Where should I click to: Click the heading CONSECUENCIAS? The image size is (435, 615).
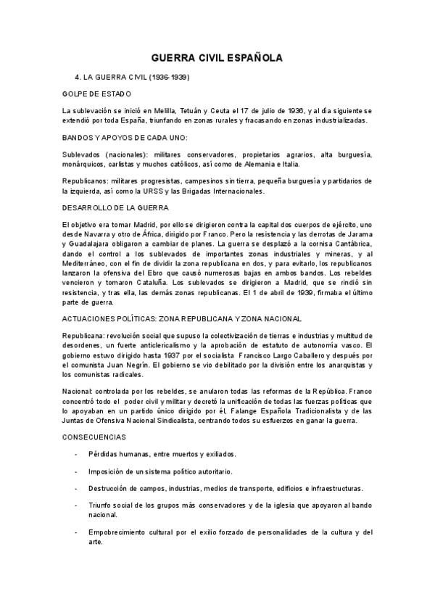pos(94,437)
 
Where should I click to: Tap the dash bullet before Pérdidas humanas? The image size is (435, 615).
pos(77,454)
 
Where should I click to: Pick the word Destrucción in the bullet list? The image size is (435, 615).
pos(111,488)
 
